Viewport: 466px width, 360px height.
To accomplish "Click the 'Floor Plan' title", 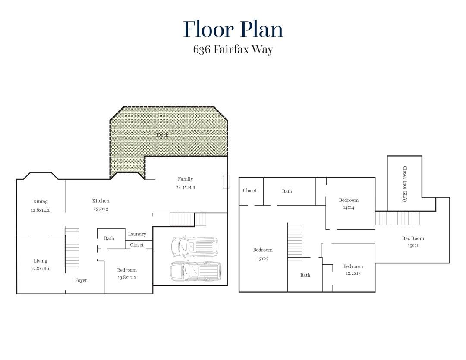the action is pyautogui.click(x=233, y=29).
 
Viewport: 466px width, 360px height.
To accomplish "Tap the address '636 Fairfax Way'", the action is pyautogui.click(x=233, y=49).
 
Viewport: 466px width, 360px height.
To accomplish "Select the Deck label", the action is pyautogui.click(x=163, y=135).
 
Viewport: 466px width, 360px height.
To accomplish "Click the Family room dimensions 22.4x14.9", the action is pyautogui.click(x=186, y=187).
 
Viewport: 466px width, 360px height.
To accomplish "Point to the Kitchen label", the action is pyautogui.click(x=101, y=201).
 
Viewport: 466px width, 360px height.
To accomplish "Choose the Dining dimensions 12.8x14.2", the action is pyautogui.click(x=41, y=210).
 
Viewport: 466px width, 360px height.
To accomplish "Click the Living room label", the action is pyautogui.click(x=41, y=261).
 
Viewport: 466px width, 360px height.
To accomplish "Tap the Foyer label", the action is pyautogui.click(x=81, y=280).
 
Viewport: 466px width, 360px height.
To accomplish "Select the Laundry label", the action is pyautogui.click(x=137, y=234).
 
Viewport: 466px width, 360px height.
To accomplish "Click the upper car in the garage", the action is pyautogui.click(x=195, y=247).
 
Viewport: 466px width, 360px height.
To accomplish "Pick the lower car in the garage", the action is pyautogui.click(x=196, y=272).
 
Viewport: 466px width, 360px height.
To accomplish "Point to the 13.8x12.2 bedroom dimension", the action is pyautogui.click(x=127, y=278).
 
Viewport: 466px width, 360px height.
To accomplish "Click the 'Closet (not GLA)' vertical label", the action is pyautogui.click(x=405, y=184).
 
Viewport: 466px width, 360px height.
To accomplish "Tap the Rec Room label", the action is pyautogui.click(x=413, y=238).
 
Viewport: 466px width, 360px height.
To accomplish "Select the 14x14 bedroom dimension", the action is pyautogui.click(x=349, y=207).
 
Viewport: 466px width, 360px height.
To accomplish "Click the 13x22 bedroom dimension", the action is pyautogui.click(x=263, y=259).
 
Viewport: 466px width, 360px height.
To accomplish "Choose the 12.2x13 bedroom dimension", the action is pyautogui.click(x=353, y=273).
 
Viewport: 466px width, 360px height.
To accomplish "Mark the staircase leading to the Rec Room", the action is pyautogui.click(x=397, y=218).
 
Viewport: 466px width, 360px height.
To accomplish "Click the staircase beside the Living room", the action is pyautogui.click(x=72, y=247).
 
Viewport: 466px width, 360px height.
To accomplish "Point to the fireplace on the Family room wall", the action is pyautogui.click(x=226, y=182).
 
